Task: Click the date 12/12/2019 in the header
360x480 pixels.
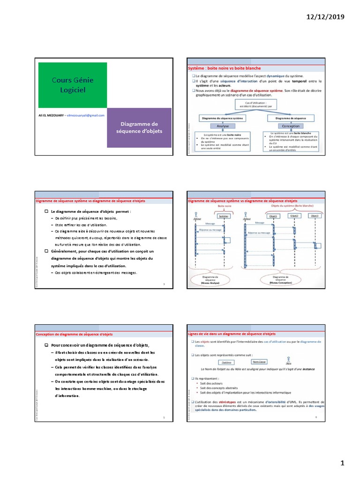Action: (x=325, y=17)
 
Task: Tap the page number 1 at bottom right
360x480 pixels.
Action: (x=342, y=463)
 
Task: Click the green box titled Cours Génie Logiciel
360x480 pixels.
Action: (x=72, y=84)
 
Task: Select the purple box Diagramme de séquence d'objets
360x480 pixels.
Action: (x=139, y=127)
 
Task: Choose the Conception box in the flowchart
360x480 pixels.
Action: (x=291, y=126)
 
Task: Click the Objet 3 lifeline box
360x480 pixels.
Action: (x=315, y=216)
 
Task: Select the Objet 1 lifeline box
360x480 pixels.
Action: (x=272, y=216)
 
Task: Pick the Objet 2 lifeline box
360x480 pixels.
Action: (x=294, y=216)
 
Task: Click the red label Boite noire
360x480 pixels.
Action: (x=225, y=205)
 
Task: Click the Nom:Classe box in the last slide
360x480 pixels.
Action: (x=259, y=362)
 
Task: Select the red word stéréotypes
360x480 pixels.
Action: (x=227, y=402)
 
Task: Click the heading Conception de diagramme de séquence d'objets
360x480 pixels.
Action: (x=74, y=334)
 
